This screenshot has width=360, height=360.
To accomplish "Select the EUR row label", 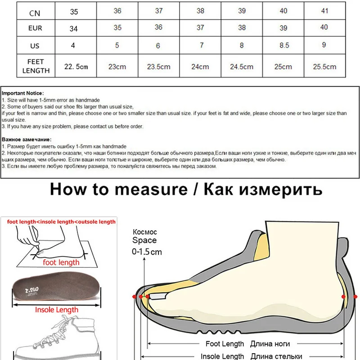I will click(35, 28).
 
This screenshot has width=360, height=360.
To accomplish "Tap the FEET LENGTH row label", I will click(36, 66).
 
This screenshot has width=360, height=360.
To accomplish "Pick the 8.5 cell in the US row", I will click(283, 45).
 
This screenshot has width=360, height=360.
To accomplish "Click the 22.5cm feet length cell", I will click(76, 66).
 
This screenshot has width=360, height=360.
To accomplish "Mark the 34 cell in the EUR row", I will click(74, 28).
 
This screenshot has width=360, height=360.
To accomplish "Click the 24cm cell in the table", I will click(200, 66).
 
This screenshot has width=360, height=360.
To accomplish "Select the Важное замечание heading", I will click(27, 139).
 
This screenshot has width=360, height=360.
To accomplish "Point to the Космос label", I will click(144, 232).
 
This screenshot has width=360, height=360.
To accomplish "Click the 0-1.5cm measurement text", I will click(147, 252).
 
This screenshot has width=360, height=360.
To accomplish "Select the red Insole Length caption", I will click(57, 310).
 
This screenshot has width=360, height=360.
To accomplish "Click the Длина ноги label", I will click(270, 344).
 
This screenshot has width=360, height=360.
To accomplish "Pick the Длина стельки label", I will click(276, 356).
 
